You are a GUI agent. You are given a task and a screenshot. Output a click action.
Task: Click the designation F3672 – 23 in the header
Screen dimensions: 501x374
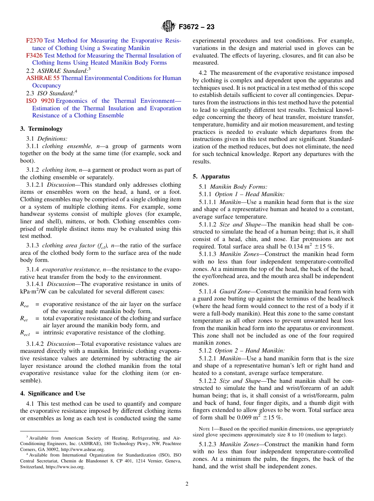click(196, 27)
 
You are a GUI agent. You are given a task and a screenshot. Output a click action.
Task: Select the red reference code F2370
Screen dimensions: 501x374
click(35, 41)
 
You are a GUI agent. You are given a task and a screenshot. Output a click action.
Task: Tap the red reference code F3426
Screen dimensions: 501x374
click(35, 56)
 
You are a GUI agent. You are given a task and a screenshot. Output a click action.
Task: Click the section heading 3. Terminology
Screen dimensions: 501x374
click(41, 129)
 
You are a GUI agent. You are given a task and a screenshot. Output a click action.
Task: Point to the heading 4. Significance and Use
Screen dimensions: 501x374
click(53, 393)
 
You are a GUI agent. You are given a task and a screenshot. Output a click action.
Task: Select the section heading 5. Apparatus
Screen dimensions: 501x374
click(211, 176)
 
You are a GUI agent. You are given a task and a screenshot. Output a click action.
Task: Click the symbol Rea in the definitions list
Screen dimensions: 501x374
click(24, 304)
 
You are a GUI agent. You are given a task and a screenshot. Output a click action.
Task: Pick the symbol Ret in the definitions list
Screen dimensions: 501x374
click(24, 319)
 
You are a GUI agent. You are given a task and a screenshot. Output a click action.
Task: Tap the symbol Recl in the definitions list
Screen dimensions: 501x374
click(25, 333)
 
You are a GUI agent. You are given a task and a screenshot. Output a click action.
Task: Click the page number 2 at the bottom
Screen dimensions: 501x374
click(187, 484)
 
